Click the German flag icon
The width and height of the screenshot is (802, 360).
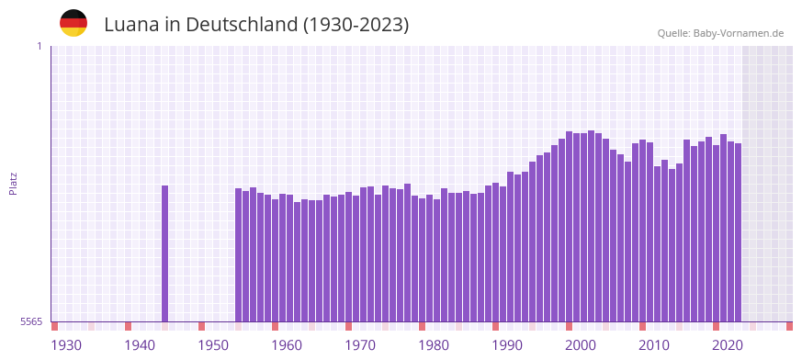pyautogui.click(x=73, y=23)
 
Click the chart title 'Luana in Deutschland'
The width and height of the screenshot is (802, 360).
pyautogui.click(x=256, y=25)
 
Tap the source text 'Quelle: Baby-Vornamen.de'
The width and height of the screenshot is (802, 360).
pyautogui.click(x=720, y=33)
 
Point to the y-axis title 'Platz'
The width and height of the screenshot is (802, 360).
pyautogui.click(x=13, y=183)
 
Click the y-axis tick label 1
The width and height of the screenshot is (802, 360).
pyautogui.click(x=40, y=46)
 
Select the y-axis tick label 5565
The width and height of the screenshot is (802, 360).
pyautogui.click(x=32, y=321)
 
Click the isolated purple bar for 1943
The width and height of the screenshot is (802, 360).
pyautogui.click(x=165, y=253)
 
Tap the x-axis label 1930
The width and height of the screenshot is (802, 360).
pyautogui.click(x=66, y=345)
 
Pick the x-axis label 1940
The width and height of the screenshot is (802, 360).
pyautogui.click(x=140, y=345)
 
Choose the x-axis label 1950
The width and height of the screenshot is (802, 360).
pyautogui.click(x=213, y=345)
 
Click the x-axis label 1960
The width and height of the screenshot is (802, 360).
pyautogui.click(x=287, y=345)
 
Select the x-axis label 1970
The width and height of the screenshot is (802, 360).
pyautogui.click(x=360, y=345)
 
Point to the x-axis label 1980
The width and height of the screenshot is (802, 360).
pyautogui.click(x=434, y=345)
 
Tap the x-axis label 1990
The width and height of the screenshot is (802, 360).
pyautogui.click(x=507, y=345)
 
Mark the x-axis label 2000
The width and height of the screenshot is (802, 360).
pyautogui.click(x=581, y=345)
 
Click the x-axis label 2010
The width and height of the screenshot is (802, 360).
pyautogui.click(x=654, y=345)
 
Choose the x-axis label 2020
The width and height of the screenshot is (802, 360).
pyautogui.click(x=728, y=345)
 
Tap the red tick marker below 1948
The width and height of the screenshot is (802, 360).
pyautogui.click(x=202, y=326)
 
